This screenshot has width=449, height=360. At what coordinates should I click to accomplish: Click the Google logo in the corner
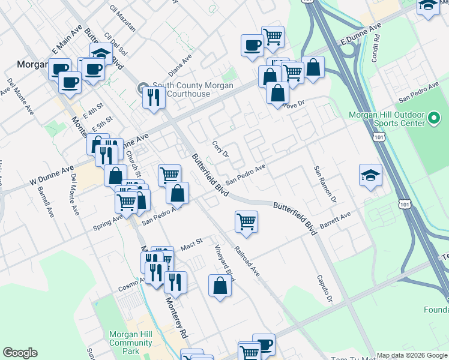20,353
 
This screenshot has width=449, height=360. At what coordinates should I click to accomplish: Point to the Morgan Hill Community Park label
131,343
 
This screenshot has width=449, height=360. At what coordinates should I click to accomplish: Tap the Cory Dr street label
220,149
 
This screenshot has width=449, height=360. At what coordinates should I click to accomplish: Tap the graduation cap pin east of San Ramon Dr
370,175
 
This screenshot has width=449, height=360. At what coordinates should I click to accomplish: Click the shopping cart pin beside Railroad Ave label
246,221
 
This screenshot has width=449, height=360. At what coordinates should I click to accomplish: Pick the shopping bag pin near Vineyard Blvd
220,286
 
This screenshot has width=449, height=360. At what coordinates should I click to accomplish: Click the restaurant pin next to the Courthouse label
154,97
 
